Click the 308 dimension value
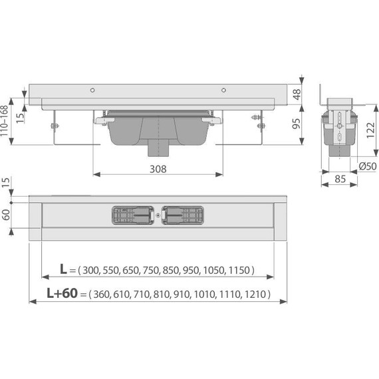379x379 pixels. (x=158, y=169)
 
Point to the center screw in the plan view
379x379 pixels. (x=158, y=216)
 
